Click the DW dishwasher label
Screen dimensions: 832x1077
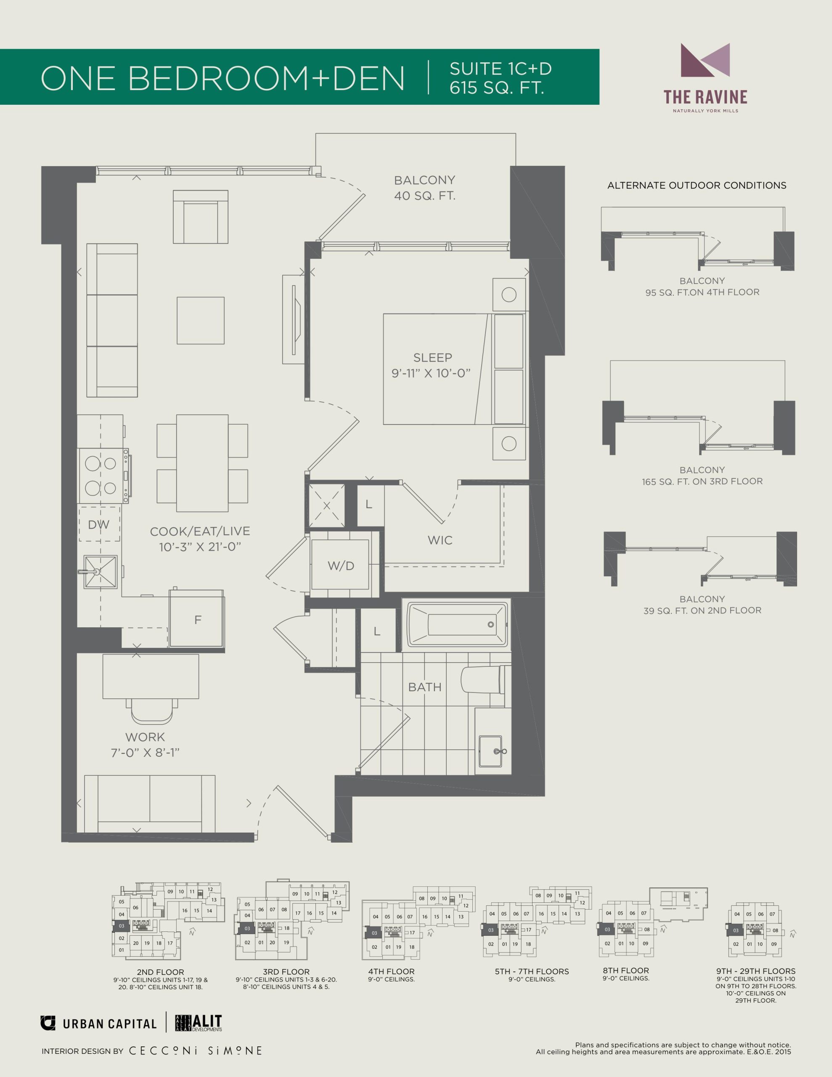98,525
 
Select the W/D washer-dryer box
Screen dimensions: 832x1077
340,565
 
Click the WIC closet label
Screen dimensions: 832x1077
440,540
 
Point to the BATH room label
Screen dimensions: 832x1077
425,687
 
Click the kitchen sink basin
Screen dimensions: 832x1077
101,572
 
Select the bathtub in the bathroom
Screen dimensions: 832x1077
457,624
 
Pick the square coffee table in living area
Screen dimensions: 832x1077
201,321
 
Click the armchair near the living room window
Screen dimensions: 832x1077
200,217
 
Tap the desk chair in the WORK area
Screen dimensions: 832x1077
152,711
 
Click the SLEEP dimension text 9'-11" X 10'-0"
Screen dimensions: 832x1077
431,373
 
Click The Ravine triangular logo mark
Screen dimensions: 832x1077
705,60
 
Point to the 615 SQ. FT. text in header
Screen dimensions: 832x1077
497,87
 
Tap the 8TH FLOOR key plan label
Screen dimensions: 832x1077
625,971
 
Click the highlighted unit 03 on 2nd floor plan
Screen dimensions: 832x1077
121,926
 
